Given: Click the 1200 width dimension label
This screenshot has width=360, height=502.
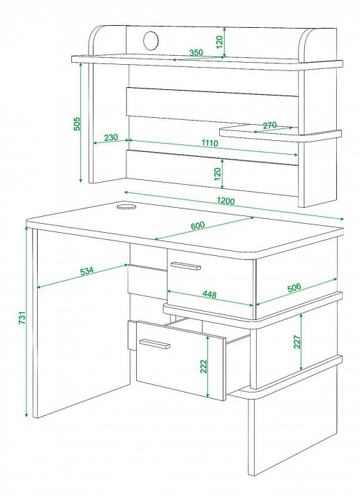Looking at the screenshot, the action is (x=225, y=201).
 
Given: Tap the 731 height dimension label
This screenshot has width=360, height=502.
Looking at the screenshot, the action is (x=22, y=318).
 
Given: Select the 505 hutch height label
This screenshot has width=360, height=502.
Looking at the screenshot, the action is (x=77, y=123).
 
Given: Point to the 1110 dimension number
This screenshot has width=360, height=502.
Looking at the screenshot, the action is (x=209, y=143).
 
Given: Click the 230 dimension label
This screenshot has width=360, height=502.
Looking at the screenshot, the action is (x=111, y=137).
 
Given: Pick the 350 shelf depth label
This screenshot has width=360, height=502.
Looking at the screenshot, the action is (x=195, y=52).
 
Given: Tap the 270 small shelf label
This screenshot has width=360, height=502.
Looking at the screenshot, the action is (x=270, y=125).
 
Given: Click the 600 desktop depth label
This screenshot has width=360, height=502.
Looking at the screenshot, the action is (x=197, y=226).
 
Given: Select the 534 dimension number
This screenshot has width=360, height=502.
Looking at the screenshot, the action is (x=87, y=271).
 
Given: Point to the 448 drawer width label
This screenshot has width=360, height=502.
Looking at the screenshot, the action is (x=209, y=294).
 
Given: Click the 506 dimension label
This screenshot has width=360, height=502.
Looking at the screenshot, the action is (x=294, y=287).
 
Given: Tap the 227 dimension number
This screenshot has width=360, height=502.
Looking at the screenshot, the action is (x=297, y=342).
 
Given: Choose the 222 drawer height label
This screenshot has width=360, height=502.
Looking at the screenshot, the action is (x=204, y=367).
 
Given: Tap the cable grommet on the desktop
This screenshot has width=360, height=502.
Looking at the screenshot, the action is (x=126, y=206).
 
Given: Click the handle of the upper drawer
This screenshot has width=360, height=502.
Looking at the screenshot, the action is (x=186, y=266).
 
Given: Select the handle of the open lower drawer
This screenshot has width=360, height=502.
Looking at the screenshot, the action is (x=155, y=344).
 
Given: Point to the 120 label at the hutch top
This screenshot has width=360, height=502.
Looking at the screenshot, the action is (x=219, y=42).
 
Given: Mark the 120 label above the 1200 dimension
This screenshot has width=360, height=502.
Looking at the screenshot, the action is (x=218, y=174).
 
